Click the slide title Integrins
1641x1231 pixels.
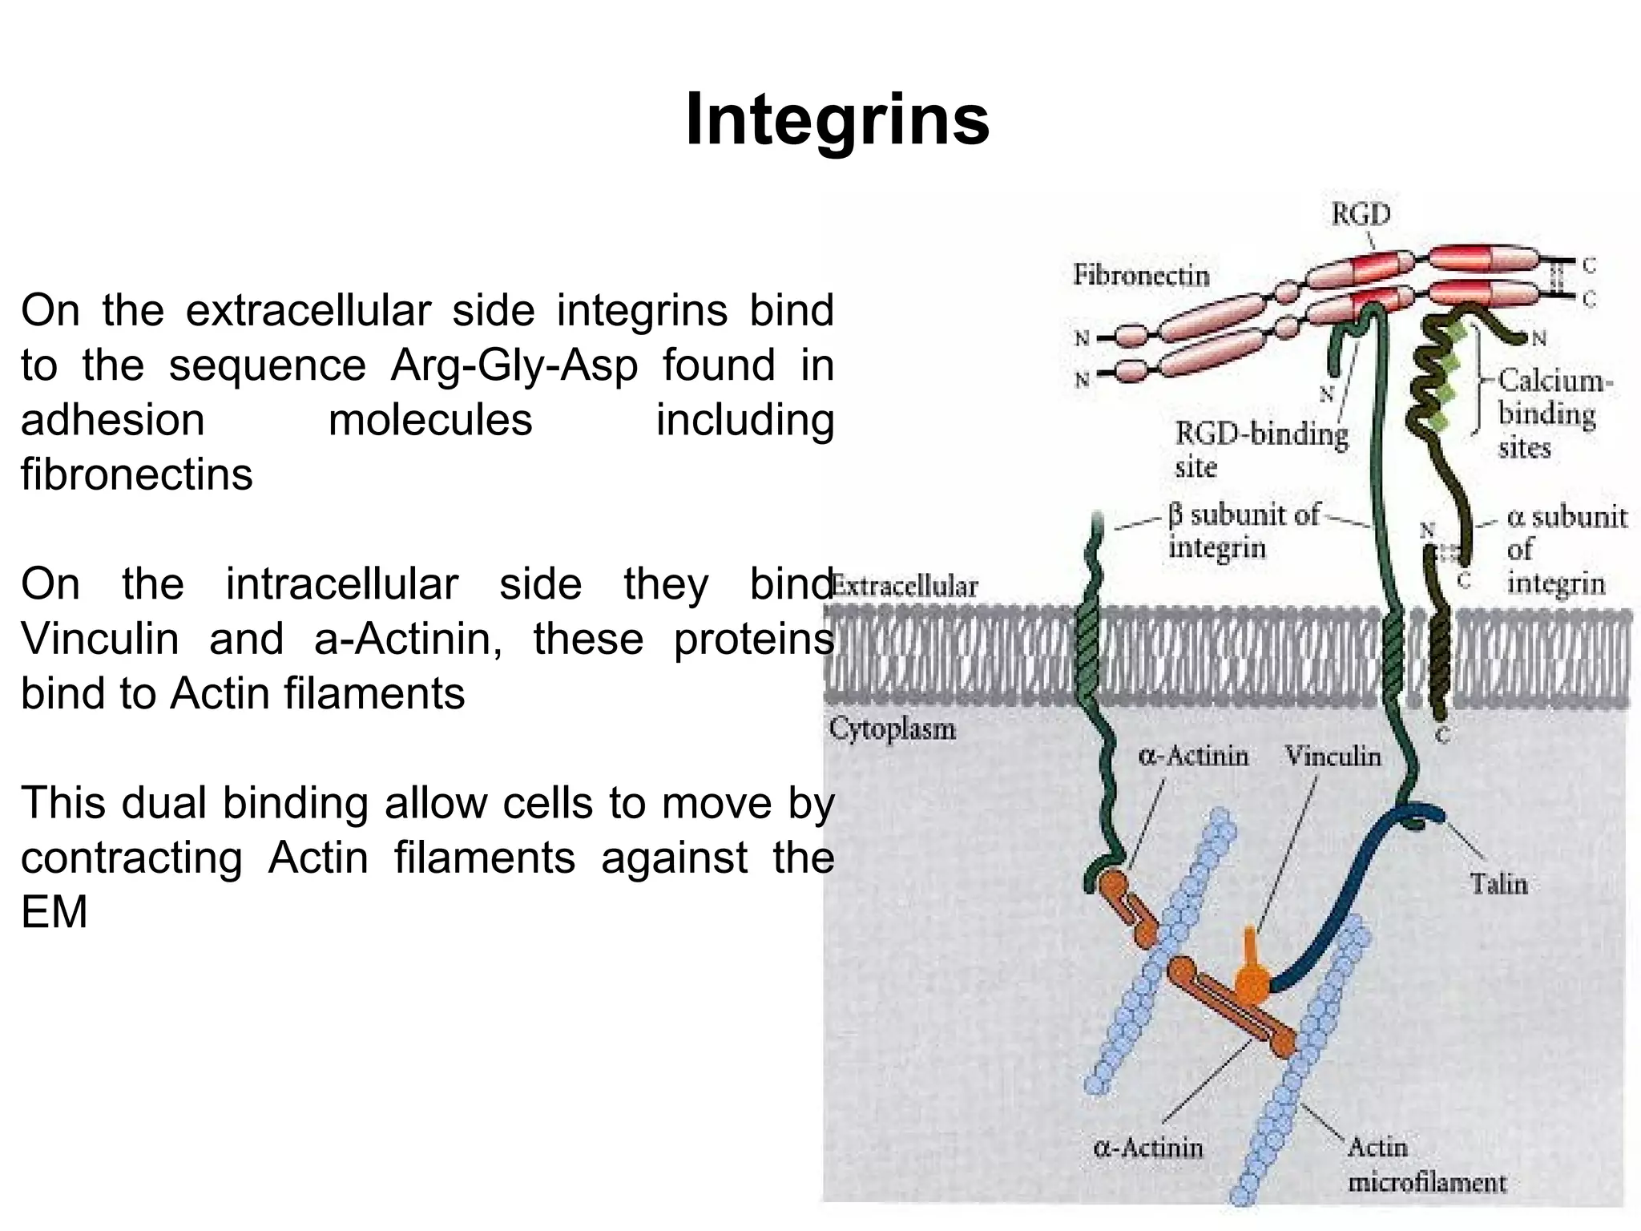837,120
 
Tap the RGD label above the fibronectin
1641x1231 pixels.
1361,214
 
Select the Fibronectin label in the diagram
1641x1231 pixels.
1141,275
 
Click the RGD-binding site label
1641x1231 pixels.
1261,450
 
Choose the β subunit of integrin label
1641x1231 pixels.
1243,531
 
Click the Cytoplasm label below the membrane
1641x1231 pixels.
892,729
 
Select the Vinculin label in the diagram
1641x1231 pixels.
1333,757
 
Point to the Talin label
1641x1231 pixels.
1498,884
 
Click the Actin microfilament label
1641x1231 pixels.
1426,1165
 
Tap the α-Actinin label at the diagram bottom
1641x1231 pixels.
1148,1148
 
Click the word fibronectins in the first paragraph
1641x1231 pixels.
137,474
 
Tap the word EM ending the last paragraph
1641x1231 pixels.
54,912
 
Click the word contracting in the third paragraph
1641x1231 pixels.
131,858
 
